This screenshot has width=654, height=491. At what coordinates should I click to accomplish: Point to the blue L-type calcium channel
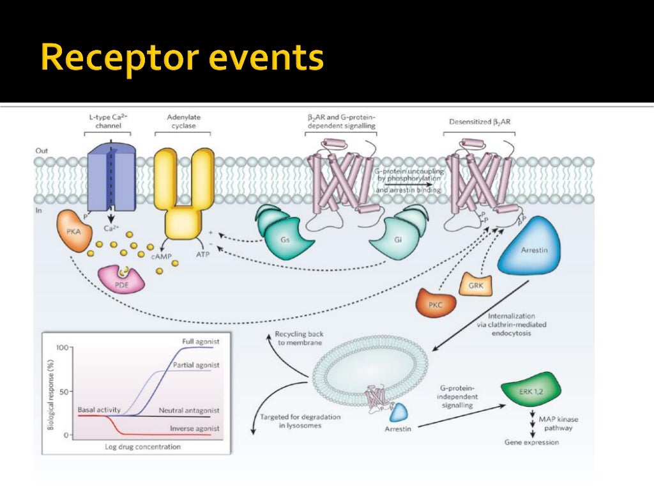tap(111, 177)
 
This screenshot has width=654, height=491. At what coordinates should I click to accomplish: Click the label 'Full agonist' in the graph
tap(201, 342)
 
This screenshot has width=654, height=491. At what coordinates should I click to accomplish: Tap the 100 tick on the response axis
tap(62, 347)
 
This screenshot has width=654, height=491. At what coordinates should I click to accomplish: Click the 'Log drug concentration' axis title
tap(142, 447)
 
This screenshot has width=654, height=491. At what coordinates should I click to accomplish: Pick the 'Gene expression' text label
tap(531, 442)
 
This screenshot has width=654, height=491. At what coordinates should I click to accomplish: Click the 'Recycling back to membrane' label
tap(298, 338)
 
